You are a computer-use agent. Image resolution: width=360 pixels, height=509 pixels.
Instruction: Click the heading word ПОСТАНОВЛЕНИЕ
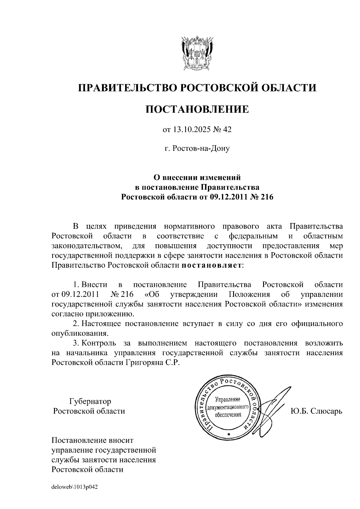[x=197, y=109]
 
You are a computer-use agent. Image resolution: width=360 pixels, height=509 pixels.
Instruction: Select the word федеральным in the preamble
[x=253, y=236]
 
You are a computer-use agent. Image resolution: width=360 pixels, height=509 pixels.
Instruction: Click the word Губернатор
[x=90, y=401]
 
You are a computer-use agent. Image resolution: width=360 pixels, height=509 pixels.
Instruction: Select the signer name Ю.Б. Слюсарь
[x=316, y=411]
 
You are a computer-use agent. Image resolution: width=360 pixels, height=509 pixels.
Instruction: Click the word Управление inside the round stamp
[x=228, y=400]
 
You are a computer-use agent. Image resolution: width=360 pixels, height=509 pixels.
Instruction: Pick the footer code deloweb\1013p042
[x=75, y=487]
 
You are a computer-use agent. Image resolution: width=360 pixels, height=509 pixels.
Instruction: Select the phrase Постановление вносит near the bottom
[x=92, y=440]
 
